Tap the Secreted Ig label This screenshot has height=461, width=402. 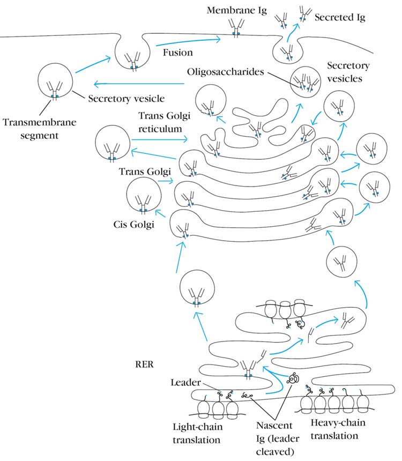click(340, 18)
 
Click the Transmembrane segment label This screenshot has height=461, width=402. click(40, 127)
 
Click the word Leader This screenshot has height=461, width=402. click(185, 383)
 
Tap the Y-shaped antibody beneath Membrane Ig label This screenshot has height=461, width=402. click(235, 27)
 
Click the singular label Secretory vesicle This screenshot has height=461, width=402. click(126, 99)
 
